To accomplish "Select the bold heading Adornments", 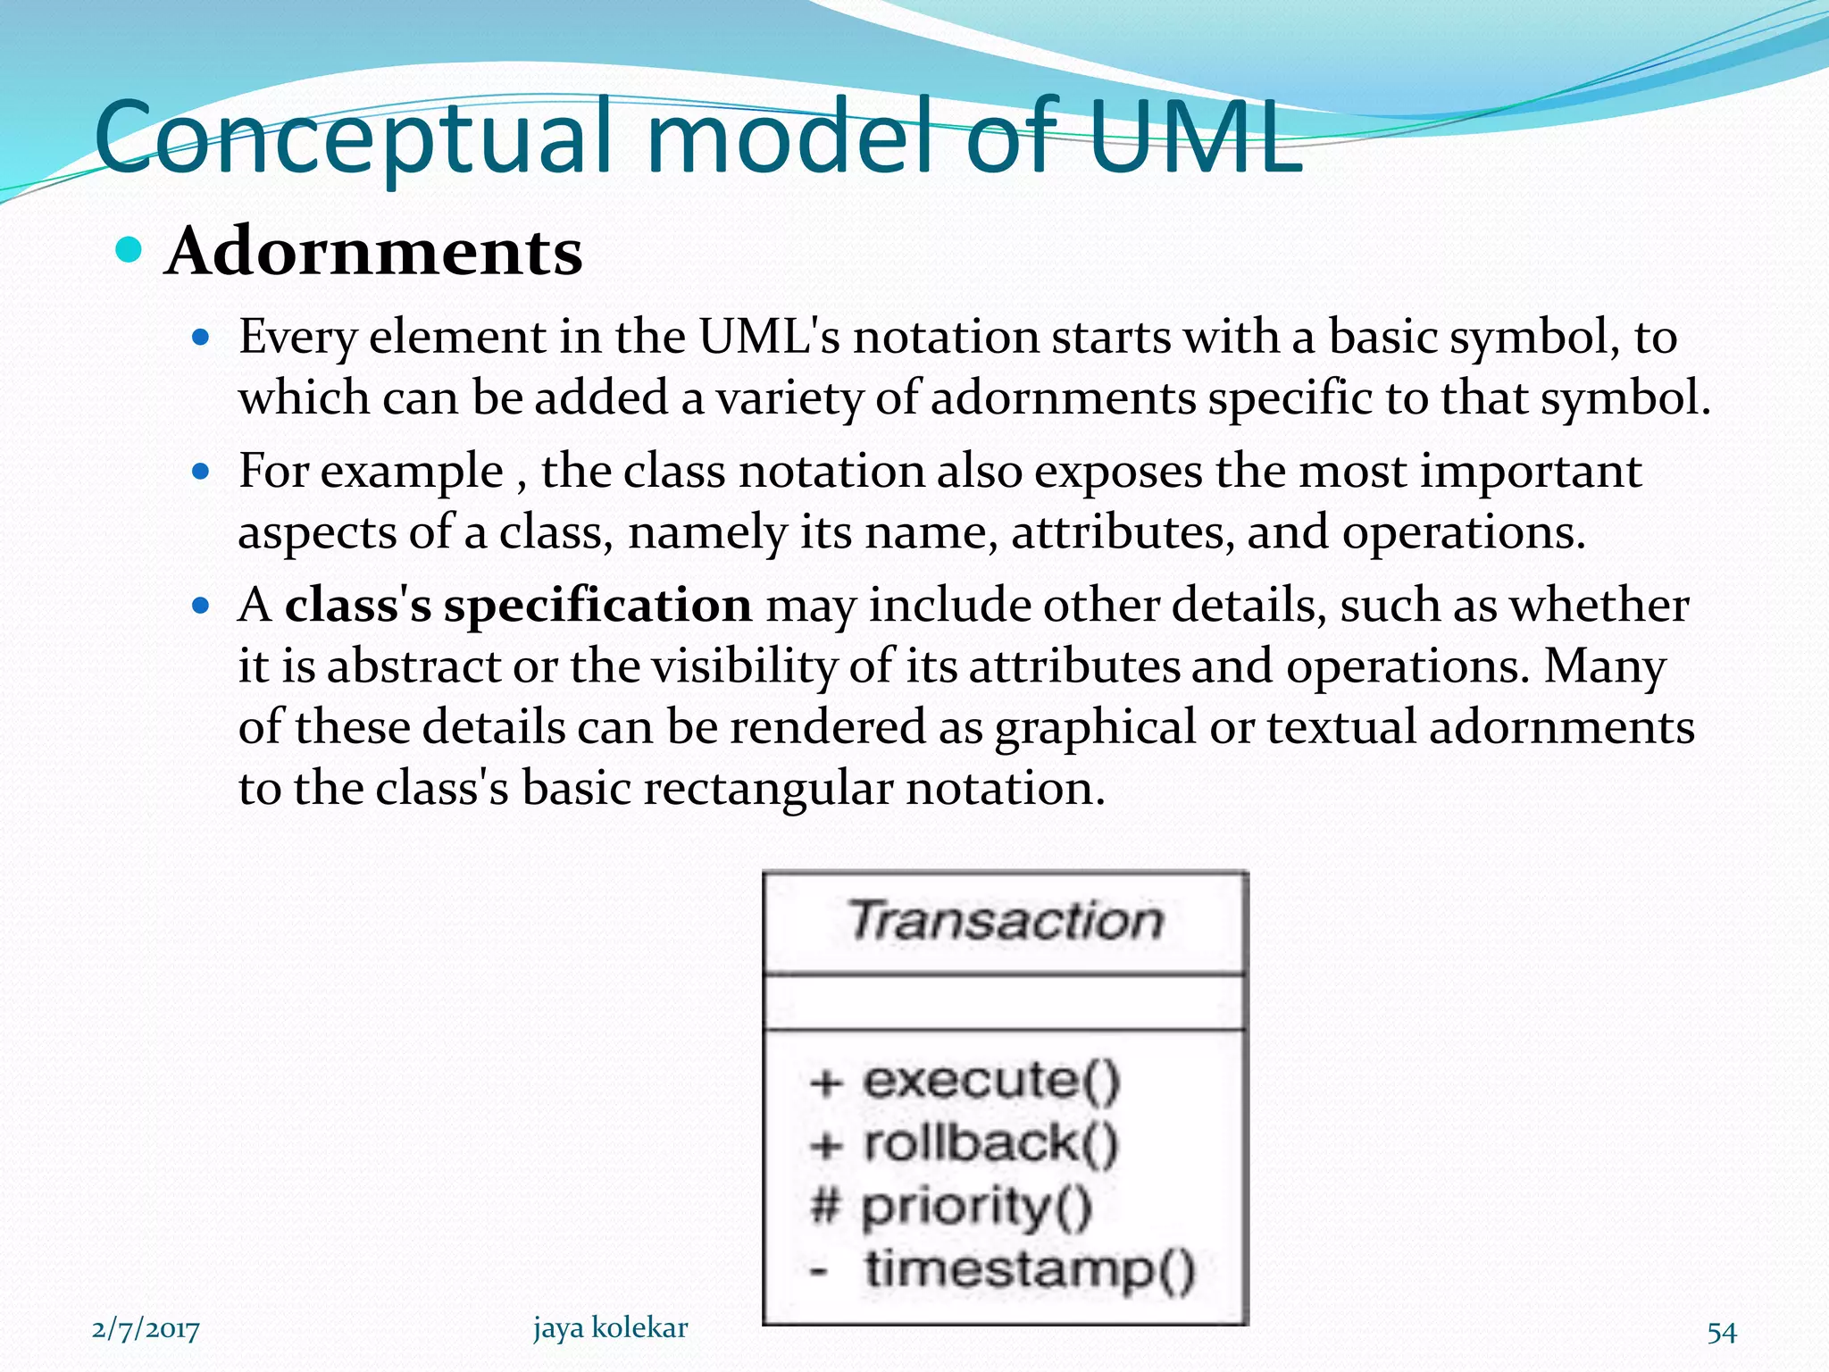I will pos(373,252).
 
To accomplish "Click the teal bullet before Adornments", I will pos(129,250).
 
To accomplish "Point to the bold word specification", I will pos(597,606).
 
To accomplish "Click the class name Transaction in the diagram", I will pos(1006,921).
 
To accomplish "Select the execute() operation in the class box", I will pos(991,1081).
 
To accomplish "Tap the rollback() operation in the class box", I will pos(990,1143).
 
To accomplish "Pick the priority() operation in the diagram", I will pos(976,1207).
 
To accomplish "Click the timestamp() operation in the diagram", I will pos(1029,1269).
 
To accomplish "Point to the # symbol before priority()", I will pos(825,1206).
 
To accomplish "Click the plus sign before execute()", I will pos(826,1083).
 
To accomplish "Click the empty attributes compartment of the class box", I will pos(1006,1002).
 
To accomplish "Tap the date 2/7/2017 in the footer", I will pos(146,1330).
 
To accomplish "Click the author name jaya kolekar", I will pos(611,1328).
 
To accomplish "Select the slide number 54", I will pos(1721,1332).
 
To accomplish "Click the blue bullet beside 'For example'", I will pos(201,472).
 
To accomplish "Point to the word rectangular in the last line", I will pos(767,789).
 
